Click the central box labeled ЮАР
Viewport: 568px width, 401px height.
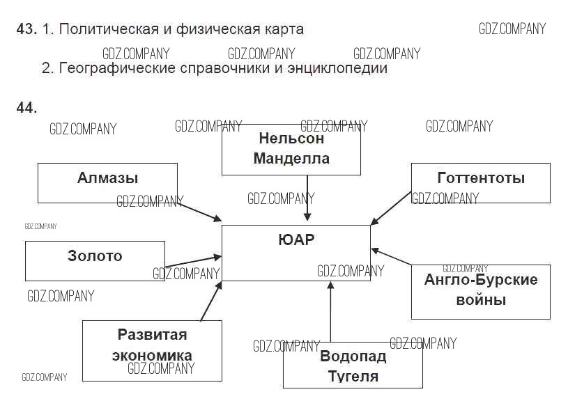click(x=295, y=253)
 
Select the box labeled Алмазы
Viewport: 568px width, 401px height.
click(x=107, y=182)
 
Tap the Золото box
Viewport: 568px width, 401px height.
click(x=95, y=260)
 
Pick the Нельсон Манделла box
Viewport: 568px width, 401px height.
click(x=291, y=149)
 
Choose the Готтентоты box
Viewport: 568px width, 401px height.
click(x=480, y=182)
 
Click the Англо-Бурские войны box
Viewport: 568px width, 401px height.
click(x=480, y=291)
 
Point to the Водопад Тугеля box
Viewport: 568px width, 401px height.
click(x=353, y=366)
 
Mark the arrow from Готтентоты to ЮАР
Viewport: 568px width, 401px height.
click(x=391, y=207)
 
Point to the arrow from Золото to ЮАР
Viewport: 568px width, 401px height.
click(x=193, y=261)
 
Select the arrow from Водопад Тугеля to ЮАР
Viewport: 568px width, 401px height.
click(x=331, y=313)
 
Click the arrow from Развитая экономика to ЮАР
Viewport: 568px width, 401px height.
click(x=210, y=301)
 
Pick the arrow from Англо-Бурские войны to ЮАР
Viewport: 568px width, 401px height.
click(x=391, y=257)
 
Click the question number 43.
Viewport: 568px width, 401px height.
click(x=26, y=29)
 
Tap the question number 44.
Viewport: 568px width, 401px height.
click(x=26, y=107)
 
